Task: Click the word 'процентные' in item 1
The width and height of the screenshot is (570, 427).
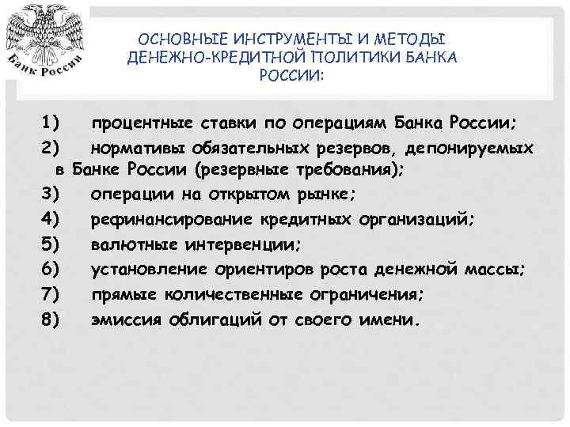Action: [140, 124]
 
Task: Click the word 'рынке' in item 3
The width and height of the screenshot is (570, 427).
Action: [325, 195]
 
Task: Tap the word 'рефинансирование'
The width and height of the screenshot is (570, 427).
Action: [170, 220]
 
